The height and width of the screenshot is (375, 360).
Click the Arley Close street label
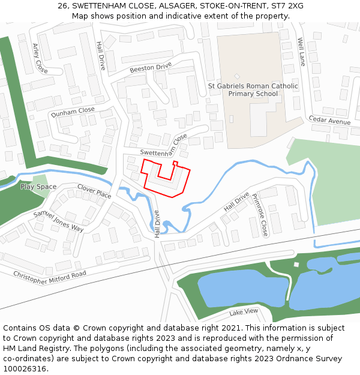click(40, 58)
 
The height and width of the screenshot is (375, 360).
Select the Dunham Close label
click(73, 111)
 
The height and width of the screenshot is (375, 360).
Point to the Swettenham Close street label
click(164, 147)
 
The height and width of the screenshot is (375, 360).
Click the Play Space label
click(38, 187)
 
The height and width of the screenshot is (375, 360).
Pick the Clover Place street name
click(94, 191)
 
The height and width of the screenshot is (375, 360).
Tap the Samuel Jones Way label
click(59, 220)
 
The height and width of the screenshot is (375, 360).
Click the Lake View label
click(244, 311)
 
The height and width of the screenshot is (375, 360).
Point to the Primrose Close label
click(260, 214)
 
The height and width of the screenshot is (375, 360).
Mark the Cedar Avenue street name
click(329, 121)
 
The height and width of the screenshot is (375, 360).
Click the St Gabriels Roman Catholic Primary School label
click(253, 90)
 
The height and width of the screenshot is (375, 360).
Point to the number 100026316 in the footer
click(25, 368)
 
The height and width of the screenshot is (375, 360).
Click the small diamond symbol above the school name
click(237, 76)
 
